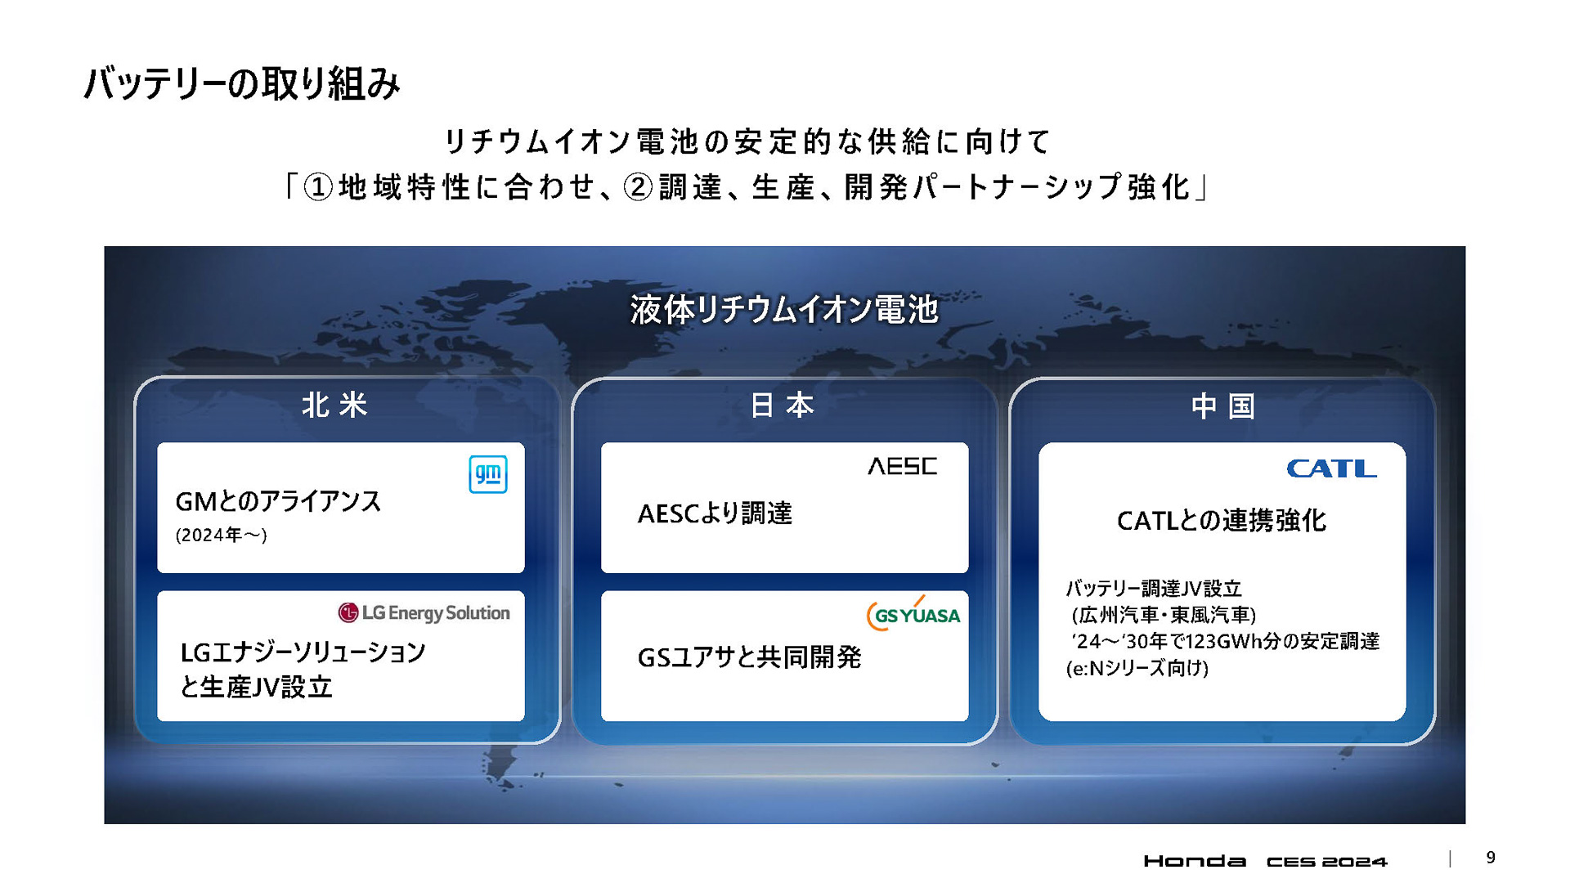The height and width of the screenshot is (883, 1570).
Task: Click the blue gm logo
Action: [x=488, y=474]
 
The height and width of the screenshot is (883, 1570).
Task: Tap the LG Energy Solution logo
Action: [x=424, y=612]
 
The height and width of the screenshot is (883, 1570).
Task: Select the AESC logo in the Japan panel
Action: [x=902, y=466]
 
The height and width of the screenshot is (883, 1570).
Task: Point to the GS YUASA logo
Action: [x=913, y=615]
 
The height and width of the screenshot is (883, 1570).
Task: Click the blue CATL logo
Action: [x=1331, y=468]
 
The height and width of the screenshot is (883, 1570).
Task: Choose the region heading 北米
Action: [x=335, y=405]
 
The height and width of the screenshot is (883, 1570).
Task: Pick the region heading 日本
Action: [x=783, y=405]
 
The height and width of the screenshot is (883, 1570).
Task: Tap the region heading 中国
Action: [x=1222, y=406]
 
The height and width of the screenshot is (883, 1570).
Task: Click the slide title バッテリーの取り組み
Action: [x=242, y=83]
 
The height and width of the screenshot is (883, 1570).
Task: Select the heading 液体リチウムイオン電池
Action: [x=783, y=310]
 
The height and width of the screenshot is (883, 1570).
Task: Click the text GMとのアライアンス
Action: [x=278, y=501]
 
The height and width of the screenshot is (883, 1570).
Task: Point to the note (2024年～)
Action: [x=221, y=535]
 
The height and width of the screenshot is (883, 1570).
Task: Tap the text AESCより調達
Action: [x=715, y=513]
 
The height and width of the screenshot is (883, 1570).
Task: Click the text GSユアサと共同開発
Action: [x=749, y=657]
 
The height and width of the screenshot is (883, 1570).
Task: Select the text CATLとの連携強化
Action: [x=1221, y=520]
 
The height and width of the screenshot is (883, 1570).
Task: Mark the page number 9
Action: [x=1491, y=858]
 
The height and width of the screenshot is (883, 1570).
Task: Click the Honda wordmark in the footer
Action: [x=1195, y=861]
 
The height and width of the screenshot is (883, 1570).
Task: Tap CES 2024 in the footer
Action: [x=1326, y=861]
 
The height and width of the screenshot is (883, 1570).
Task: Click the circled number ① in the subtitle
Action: [x=318, y=187]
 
